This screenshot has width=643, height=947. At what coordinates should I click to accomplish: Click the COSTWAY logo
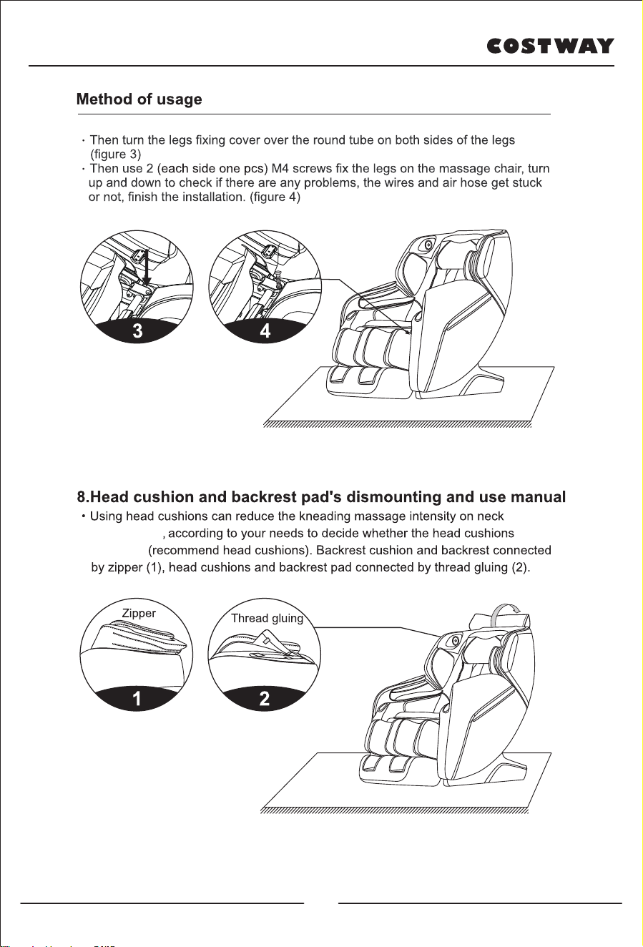[x=550, y=46]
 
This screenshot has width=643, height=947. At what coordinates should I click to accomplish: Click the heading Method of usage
[x=139, y=99]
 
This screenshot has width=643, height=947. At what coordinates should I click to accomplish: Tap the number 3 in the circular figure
[x=137, y=331]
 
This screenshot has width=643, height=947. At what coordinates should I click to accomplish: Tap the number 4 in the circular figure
[x=265, y=331]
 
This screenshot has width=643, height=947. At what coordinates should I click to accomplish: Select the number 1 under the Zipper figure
[x=137, y=698]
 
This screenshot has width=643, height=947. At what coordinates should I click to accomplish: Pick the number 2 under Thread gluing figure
[x=264, y=698]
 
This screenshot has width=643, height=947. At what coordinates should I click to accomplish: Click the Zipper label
[x=139, y=613]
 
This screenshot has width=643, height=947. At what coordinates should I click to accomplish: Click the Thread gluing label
[x=267, y=619]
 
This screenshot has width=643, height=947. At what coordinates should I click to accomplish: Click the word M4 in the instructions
[x=280, y=168]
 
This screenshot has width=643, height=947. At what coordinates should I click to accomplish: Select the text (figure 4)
[x=275, y=197]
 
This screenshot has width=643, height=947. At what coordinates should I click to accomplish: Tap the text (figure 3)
[x=116, y=154]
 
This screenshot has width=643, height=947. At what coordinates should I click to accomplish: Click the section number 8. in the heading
[x=83, y=497]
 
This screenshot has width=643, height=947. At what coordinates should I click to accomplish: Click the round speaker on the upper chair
[x=428, y=245]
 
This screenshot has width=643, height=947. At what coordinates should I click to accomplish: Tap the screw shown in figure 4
[x=280, y=280]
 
